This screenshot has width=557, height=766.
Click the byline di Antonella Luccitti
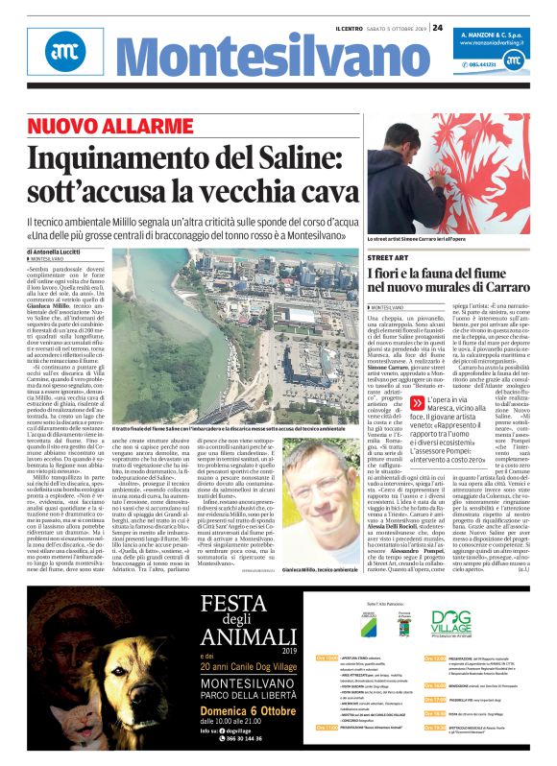point(59,251)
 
